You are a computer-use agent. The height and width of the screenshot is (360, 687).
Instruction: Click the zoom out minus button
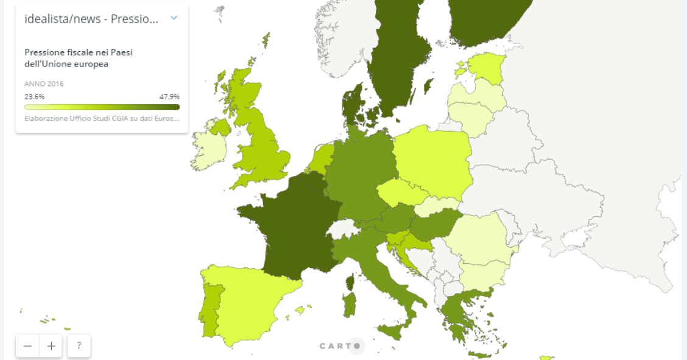pos(28,346)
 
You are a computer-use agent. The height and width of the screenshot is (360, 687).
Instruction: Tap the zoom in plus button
pos(51,346)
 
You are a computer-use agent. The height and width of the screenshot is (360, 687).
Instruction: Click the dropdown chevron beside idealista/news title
pos(174,18)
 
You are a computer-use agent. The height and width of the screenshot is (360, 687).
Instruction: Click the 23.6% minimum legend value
pos(34,97)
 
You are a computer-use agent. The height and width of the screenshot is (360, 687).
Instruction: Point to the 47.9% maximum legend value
pos(169,97)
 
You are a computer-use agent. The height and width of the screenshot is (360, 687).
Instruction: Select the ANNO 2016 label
pos(44,84)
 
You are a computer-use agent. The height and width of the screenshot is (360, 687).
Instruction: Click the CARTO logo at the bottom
pos(342,346)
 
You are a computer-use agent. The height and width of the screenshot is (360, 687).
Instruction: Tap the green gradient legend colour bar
pos(102,107)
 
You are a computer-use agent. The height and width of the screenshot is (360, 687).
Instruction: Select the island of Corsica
pos(350,282)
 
